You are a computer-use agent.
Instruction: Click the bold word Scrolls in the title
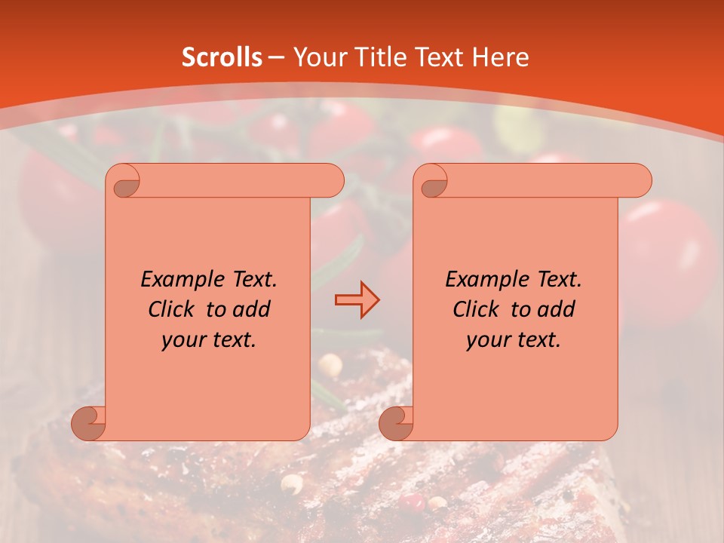click(x=222, y=57)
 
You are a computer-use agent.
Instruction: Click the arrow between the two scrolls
click(x=357, y=300)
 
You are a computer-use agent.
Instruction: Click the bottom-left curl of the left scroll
click(x=89, y=424)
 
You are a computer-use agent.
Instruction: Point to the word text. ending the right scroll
click(x=538, y=341)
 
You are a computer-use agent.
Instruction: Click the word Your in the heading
click(x=320, y=57)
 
